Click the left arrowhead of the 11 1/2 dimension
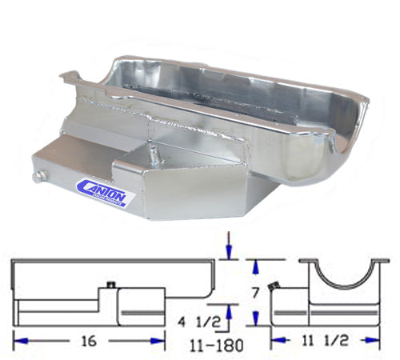point(277,340)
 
